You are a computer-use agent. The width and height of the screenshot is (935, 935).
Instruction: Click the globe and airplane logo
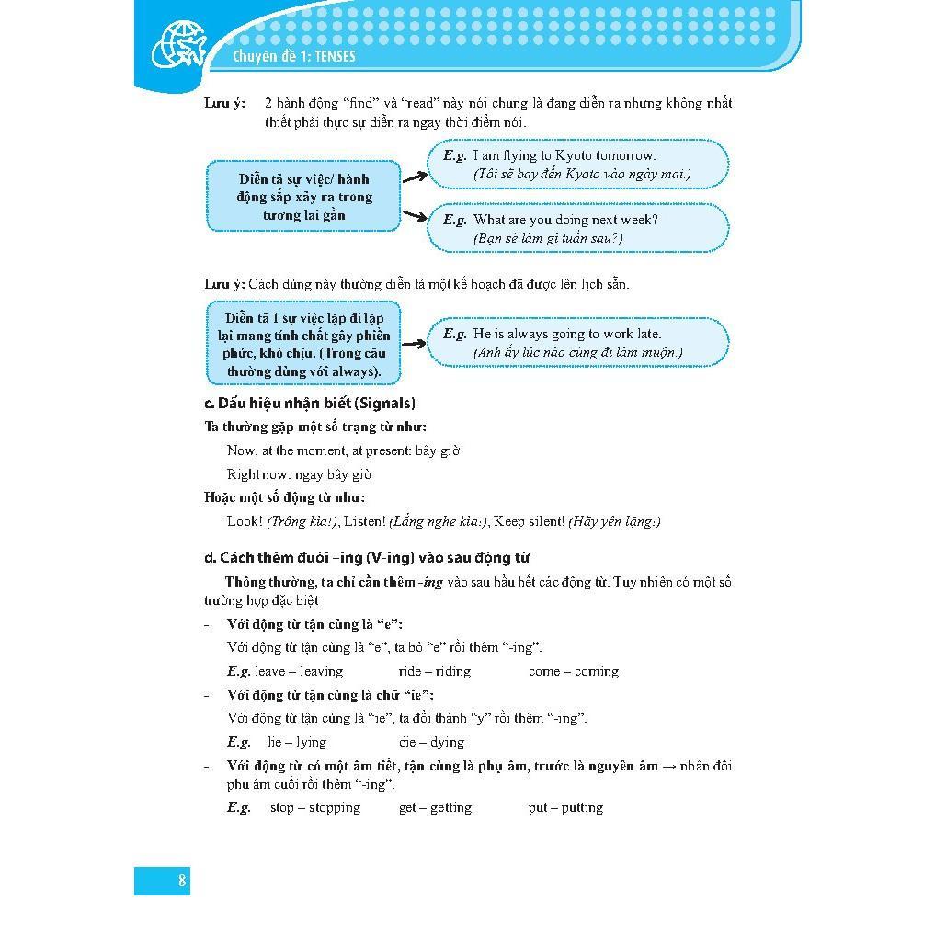click(x=178, y=46)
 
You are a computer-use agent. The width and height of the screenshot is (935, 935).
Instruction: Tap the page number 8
click(x=182, y=881)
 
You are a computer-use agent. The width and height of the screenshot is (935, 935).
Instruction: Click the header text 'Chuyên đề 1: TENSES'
click(x=294, y=56)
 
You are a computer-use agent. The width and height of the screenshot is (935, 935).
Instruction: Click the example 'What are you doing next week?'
click(x=564, y=220)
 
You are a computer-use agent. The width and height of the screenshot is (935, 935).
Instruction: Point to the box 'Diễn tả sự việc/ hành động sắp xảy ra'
click(x=303, y=197)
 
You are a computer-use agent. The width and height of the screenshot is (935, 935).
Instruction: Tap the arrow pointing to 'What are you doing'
click(x=415, y=216)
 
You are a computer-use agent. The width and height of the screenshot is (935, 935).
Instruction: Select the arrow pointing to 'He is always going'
click(x=415, y=343)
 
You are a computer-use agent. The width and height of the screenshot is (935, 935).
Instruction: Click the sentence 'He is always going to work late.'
click(x=566, y=334)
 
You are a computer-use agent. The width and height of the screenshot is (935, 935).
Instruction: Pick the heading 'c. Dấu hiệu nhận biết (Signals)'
click(x=310, y=403)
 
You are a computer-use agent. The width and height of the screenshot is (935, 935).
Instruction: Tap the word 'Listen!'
click(x=363, y=521)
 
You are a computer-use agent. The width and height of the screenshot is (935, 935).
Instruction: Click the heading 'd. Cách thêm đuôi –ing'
click(x=367, y=557)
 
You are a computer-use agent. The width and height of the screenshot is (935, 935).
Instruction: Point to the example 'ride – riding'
click(x=434, y=671)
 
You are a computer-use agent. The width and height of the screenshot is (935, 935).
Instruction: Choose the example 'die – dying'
click(x=431, y=742)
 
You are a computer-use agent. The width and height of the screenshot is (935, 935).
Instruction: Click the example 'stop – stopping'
click(x=314, y=807)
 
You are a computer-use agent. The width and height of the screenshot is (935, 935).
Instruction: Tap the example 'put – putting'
click(x=565, y=807)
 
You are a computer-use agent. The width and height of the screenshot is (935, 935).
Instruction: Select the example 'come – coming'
click(x=573, y=671)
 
